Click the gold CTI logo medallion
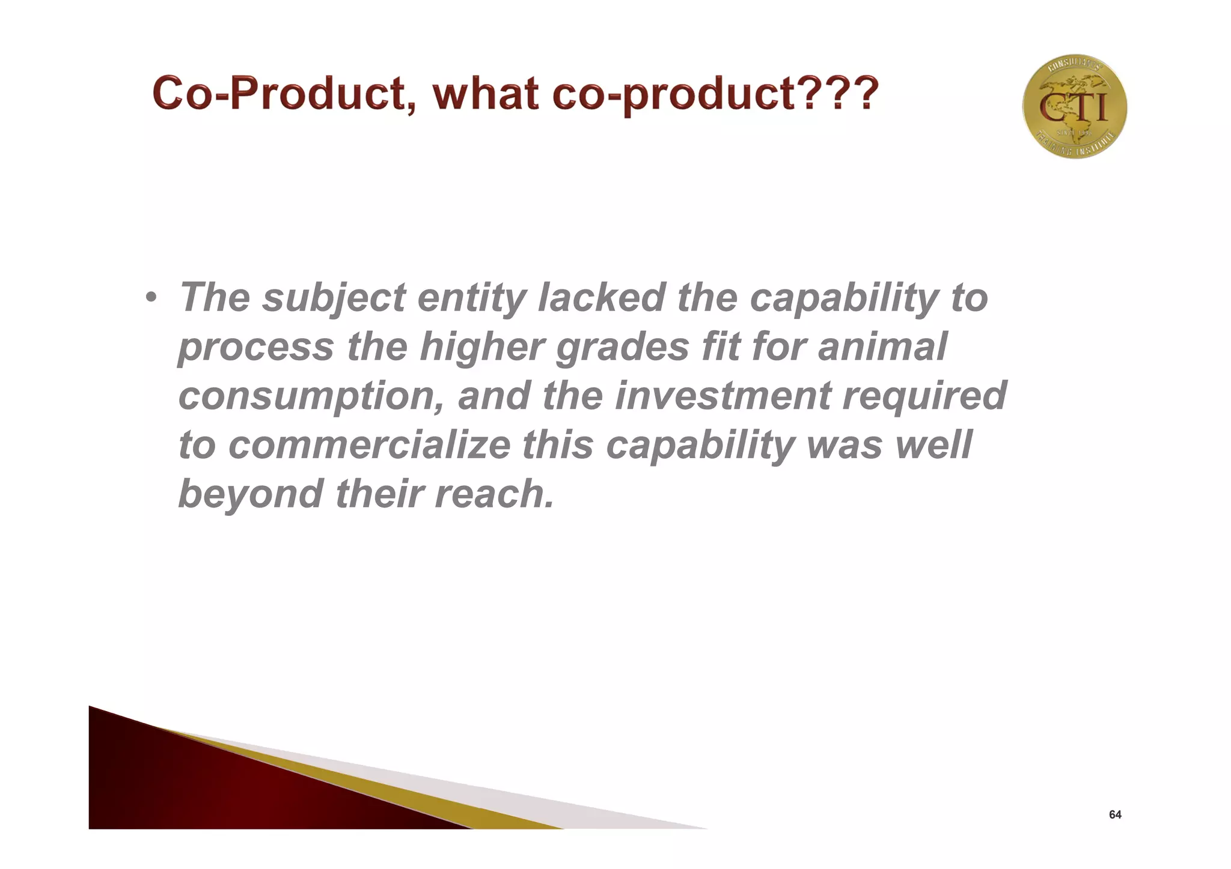coord(1074,107)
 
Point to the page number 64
coord(1115,815)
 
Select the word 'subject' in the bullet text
coord(334,298)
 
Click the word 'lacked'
coord(601,298)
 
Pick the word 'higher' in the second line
coord(481,348)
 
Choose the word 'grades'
coord(622,348)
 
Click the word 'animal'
coord(882,348)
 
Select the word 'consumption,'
coord(312,397)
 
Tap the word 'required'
coord(924,397)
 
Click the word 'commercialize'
coord(370,446)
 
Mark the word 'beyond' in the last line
coord(251,494)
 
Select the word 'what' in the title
coord(486,94)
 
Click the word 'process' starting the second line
coord(256,348)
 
